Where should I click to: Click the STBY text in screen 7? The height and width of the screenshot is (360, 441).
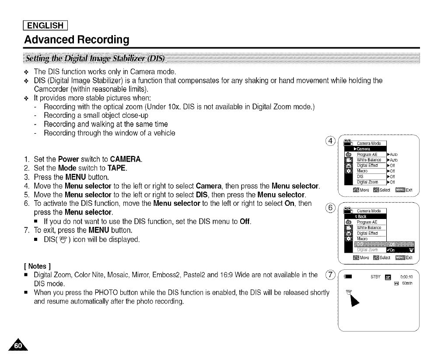coord(376,276)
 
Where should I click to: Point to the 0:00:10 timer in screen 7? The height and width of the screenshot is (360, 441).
coord(406,276)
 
